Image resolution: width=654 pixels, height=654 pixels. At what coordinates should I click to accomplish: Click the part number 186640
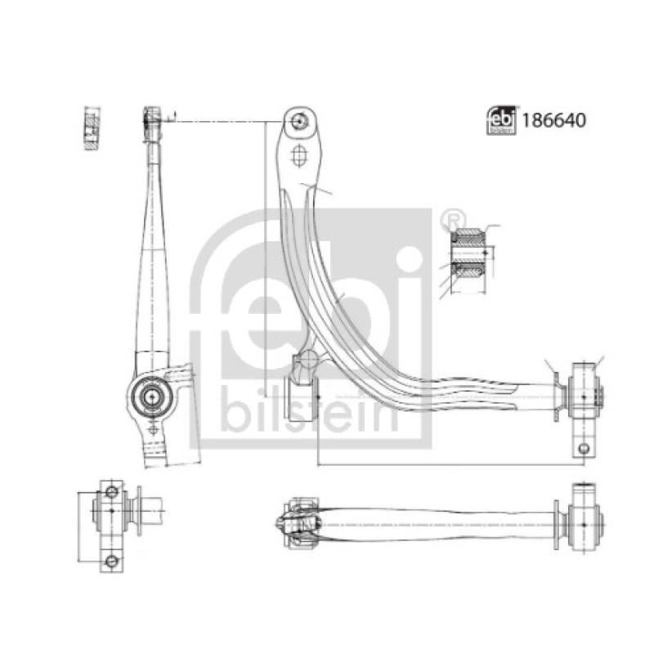[x=554, y=120]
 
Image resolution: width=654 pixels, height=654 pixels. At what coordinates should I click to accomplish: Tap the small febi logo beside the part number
[x=501, y=120]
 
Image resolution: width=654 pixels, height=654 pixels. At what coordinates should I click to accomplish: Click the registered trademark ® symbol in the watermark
[x=448, y=218]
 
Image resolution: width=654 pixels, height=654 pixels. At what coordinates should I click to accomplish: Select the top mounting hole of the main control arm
[x=298, y=121]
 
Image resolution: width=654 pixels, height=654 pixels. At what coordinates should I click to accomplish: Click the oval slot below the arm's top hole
[x=298, y=155]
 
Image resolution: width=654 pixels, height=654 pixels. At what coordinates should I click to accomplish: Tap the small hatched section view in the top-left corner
[x=92, y=128]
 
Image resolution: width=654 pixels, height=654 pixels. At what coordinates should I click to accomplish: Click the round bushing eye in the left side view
[x=150, y=396]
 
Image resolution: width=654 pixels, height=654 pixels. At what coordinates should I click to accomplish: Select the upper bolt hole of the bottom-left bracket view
[x=111, y=491]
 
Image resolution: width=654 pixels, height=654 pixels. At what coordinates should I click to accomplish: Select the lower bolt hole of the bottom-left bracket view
[x=111, y=561]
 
